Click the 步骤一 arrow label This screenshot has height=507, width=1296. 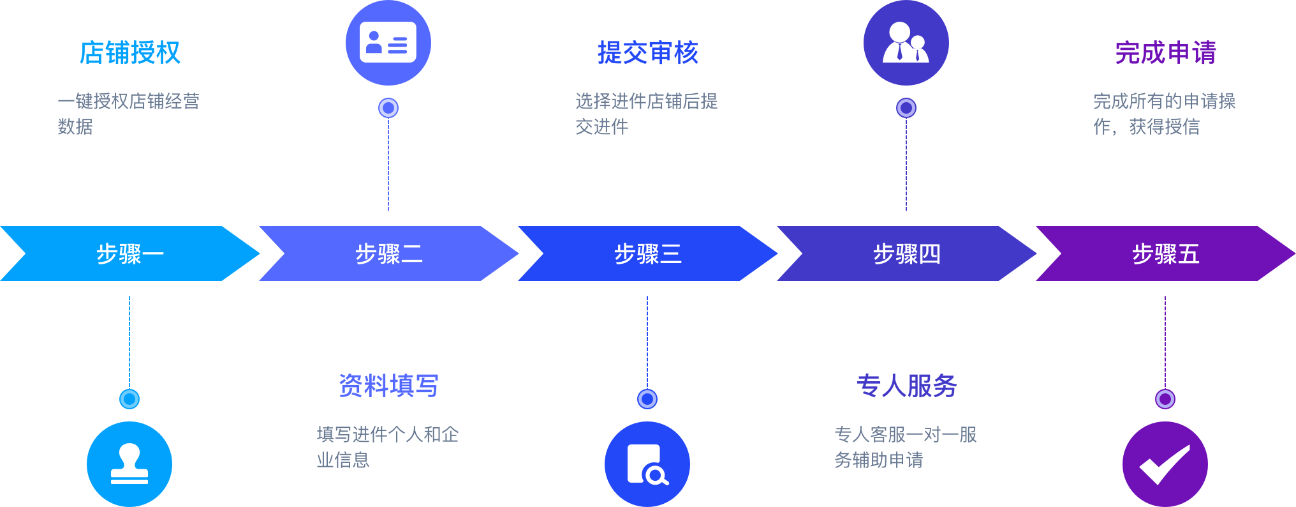(129, 254)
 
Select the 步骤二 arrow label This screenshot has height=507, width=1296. (388, 254)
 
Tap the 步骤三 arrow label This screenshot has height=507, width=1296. (647, 254)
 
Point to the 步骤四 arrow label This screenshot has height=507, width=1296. (906, 254)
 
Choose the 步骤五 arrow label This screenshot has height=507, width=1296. (1165, 254)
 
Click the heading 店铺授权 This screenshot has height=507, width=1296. (129, 53)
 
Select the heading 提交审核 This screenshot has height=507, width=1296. (647, 53)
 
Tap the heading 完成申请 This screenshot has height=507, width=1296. (1165, 53)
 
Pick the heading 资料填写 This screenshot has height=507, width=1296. (388, 386)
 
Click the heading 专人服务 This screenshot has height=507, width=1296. (906, 386)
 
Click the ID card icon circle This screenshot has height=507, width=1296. (388, 43)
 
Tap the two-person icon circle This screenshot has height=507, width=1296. (906, 43)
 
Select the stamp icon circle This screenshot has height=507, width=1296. (129, 464)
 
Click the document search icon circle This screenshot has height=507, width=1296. (647, 464)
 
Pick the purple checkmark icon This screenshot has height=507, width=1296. (1165, 464)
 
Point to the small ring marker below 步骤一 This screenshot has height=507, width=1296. (129, 399)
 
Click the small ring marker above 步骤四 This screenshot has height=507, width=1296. (906, 108)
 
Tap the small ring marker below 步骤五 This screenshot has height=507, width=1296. (1165, 399)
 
